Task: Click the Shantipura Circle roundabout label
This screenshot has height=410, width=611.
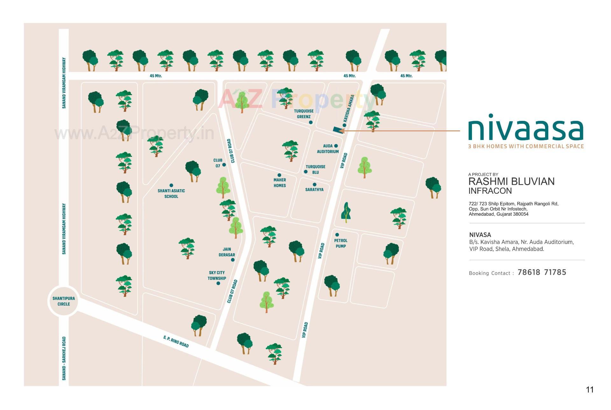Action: pos(64,301)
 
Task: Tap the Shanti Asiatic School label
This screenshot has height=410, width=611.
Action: pos(171,193)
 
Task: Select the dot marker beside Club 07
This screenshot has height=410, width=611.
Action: pos(224,165)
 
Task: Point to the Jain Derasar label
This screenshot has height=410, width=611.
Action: pos(227,252)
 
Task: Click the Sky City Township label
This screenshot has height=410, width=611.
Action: pos(217,275)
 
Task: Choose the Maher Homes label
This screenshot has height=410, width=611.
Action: pos(280,183)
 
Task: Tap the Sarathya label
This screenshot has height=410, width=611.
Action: pos(314,190)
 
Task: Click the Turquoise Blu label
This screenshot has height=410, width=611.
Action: pos(315,170)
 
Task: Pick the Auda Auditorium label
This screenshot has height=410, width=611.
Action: pos(328,149)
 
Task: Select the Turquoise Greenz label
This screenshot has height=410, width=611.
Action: pos(304,114)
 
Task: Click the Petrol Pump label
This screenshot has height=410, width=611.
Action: pos(341,243)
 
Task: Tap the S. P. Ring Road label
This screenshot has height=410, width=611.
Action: pos(176,342)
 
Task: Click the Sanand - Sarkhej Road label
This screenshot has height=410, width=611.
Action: pos(64,358)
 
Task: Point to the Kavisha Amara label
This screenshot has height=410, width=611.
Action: pos(349,108)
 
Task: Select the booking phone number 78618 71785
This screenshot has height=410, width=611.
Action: pos(542,272)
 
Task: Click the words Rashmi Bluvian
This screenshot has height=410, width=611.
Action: pos(511,182)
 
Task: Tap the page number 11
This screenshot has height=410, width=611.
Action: pos(590,390)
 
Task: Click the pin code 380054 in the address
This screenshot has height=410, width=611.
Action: pos(520,214)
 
